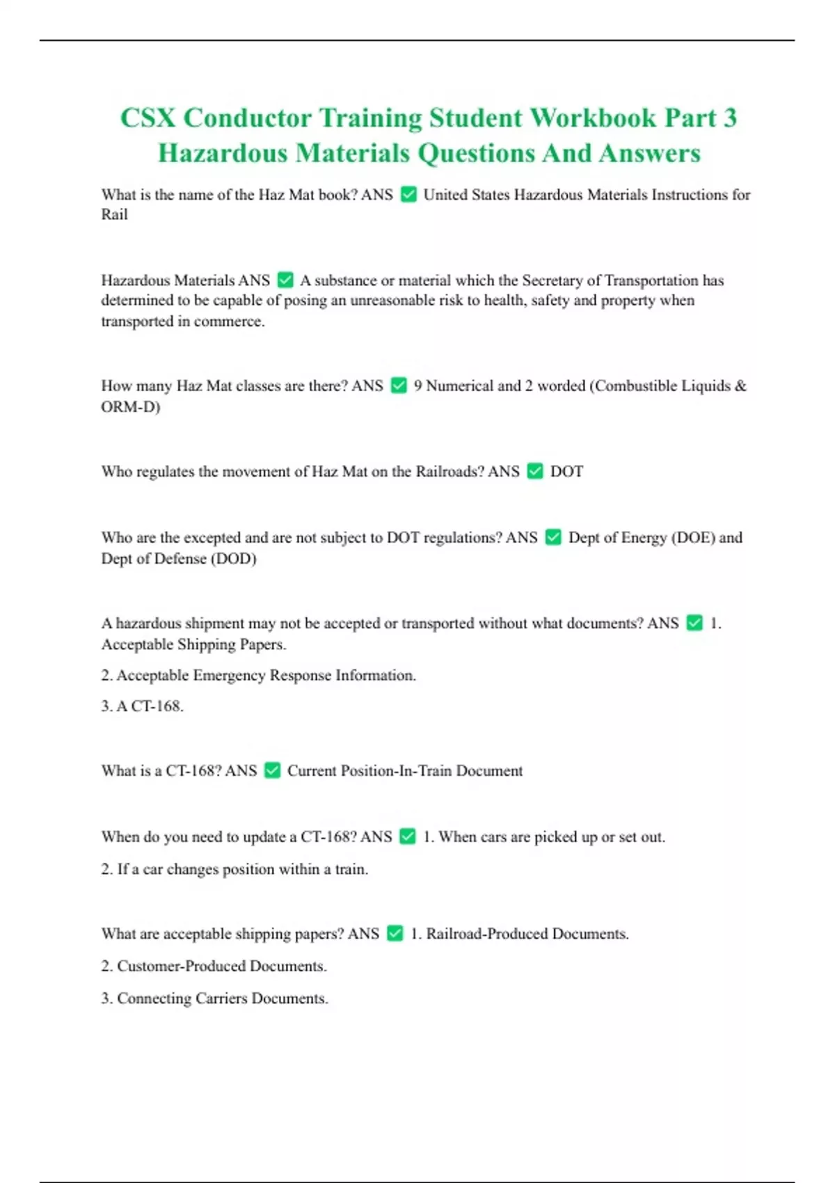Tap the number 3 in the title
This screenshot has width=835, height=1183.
pyautogui.click(x=729, y=118)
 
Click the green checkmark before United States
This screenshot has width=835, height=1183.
pyautogui.click(x=409, y=195)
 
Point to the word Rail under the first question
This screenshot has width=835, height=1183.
pyautogui.click(x=114, y=215)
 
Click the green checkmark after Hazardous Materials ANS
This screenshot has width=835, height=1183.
pyautogui.click(x=285, y=280)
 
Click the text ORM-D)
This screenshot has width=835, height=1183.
pyautogui.click(x=130, y=406)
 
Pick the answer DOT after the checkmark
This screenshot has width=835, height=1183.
pyautogui.click(x=566, y=472)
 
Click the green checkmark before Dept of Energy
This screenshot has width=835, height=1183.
pyautogui.click(x=553, y=538)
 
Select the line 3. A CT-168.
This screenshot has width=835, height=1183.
pyautogui.click(x=142, y=706)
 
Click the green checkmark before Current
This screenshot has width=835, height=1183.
pyautogui.click(x=273, y=771)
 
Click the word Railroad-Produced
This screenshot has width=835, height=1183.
pyautogui.click(x=486, y=934)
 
